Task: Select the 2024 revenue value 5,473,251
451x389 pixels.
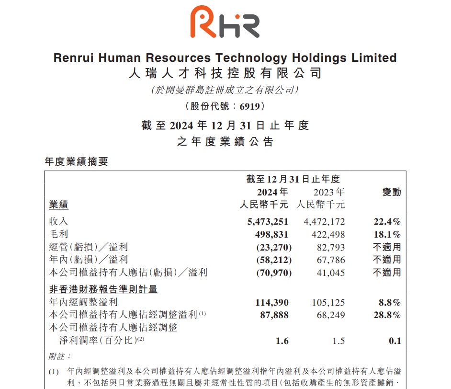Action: coord(267,222)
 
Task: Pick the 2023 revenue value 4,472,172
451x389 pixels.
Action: coord(324,222)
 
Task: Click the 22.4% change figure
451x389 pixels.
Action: coord(387,222)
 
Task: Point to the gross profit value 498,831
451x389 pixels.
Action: coord(274,235)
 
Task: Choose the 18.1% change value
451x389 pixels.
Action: coord(388,235)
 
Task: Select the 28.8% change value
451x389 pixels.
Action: coord(388,315)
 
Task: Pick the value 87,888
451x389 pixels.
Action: coord(276,315)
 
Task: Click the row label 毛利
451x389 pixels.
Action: coord(59,235)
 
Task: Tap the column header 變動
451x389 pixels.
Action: coord(391,193)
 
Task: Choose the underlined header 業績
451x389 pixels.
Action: coord(59,205)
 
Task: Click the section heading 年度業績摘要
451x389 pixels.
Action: coord(76,161)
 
